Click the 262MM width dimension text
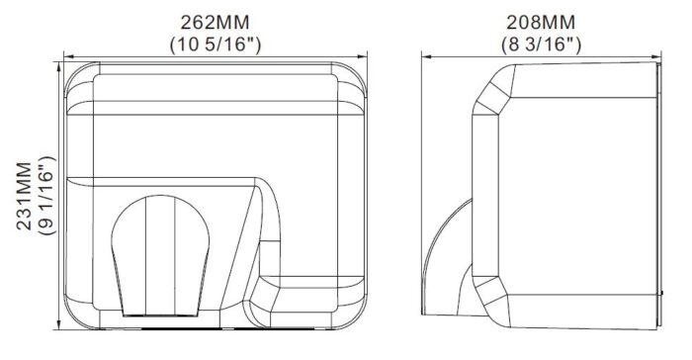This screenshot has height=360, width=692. click(215, 22)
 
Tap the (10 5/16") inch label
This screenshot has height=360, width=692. click(216, 45)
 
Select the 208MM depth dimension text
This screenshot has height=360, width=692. click(541, 22)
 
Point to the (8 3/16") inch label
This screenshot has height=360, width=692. click(541, 45)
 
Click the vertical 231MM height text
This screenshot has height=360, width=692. click(25, 196)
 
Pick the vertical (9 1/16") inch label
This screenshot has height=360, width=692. click(47, 195)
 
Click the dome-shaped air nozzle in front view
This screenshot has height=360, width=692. click(160, 256)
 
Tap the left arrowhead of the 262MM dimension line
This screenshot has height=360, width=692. click(67, 56)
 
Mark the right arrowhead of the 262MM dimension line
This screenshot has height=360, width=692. click(363, 56)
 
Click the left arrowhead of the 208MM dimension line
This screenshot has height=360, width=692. click(425, 56)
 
